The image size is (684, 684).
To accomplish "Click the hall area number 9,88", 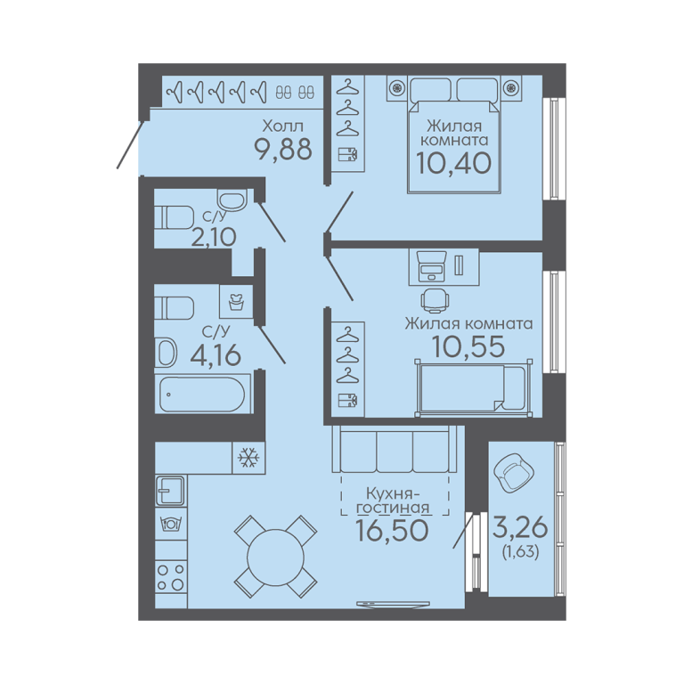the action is (x=283, y=150).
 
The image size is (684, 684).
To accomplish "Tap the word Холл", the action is (x=282, y=126).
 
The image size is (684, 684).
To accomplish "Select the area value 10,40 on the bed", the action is (x=454, y=163).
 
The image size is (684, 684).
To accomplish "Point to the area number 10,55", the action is (x=468, y=346).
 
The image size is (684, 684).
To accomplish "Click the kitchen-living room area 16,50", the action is (x=392, y=531).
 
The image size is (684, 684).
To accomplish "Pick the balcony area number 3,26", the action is (x=520, y=527).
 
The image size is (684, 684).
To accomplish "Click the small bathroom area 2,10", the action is (x=214, y=238).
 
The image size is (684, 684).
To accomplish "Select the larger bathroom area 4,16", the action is (x=216, y=354).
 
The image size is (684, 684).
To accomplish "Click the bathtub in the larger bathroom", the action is (x=202, y=395).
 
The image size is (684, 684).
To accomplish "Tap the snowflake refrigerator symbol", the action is (x=248, y=458).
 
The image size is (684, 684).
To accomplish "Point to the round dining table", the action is (x=275, y=556).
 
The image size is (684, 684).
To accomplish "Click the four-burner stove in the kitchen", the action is (x=171, y=577).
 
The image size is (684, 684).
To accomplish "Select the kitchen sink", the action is (x=170, y=491).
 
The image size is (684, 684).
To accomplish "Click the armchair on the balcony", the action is (x=513, y=472).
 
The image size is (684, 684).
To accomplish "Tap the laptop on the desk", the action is (x=431, y=265).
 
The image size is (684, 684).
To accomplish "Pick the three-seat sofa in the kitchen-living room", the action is (x=395, y=449).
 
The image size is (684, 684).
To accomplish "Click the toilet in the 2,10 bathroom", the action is (x=175, y=217).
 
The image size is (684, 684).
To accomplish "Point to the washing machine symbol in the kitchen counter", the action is (x=171, y=523).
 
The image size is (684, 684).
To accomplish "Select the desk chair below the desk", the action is (x=436, y=300).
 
